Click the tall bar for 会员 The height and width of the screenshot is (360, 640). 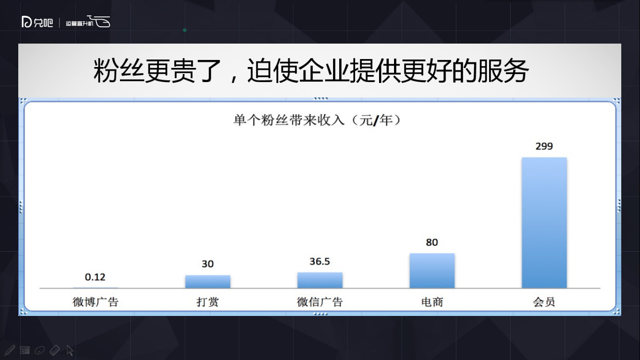click(544, 223)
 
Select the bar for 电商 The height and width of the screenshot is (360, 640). click(432, 270)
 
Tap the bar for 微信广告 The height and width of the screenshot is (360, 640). click(320, 280)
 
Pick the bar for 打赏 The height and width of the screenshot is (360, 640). click(208, 282)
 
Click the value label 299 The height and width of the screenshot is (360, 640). click(544, 146)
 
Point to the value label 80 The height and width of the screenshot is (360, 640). click(432, 242)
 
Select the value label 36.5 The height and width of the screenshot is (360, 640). click(320, 262)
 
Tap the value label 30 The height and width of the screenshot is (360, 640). click(208, 263)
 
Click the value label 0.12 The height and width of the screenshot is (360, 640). click(95, 277)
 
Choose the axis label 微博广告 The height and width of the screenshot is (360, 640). click(96, 302)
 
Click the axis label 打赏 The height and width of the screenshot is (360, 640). click(208, 302)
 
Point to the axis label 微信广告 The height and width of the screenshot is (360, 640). click(320, 302)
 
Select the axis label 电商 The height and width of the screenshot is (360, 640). click(432, 302)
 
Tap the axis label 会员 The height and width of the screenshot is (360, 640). click(544, 302)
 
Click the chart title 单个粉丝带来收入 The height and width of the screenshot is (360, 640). click(289, 120)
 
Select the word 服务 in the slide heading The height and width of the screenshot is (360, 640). click(503, 71)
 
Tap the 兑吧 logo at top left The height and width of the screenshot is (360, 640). click(37, 22)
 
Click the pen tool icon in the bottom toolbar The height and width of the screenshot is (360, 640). click(9, 350)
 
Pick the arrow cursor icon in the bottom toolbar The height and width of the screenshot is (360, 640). click(70, 350)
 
